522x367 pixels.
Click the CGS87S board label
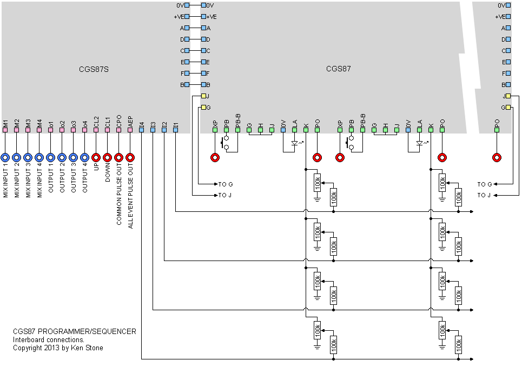(x=94, y=69)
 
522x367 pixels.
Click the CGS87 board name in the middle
(x=338, y=69)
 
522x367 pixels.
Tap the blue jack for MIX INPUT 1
(x=5, y=158)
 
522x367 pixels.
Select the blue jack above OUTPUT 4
(x=84, y=158)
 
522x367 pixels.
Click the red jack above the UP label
(x=96, y=158)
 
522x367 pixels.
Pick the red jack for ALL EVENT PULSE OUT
(x=130, y=158)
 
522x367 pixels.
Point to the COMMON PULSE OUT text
(x=118, y=195)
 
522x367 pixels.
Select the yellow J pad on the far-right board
(x=508, y=96)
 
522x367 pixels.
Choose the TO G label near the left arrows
(x=225, y=184)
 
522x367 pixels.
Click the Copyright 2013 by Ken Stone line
(x=58, y=348)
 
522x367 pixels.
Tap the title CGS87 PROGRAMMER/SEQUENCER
(x=74, y=331)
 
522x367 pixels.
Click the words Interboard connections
(x=49, y=339)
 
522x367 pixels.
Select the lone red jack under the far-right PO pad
(x=497, y=158)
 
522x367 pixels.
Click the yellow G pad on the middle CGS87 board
(x=203, y=108)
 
